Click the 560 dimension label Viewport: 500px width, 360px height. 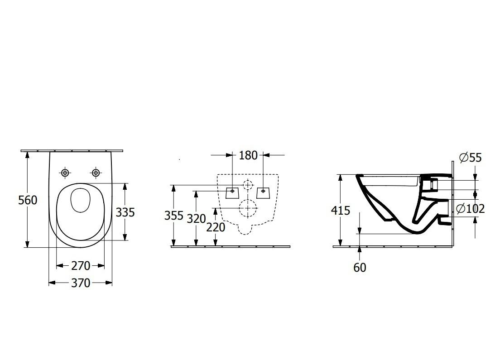(x=28, y=200)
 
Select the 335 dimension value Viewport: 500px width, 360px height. (x=125, y=211)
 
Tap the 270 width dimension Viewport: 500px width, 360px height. (x=81, y=265)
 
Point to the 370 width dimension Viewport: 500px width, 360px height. (x=81, y=283)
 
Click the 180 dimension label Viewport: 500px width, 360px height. (x=248, y=155)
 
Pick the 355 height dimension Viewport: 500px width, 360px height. (x=173, y=216)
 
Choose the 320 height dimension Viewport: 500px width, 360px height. (x=196, y=219)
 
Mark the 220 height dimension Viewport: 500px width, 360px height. (x=216, y=227)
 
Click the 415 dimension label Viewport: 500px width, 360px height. (x=341, y=210)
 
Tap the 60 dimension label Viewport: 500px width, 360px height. (x=360, y=268)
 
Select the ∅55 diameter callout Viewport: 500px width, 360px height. (x=470, y=158)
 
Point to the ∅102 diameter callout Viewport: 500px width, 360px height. (x=470, y=209)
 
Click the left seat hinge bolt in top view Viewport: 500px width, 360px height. (x=65, y=173)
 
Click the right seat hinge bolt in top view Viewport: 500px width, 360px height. (x=96, y=173)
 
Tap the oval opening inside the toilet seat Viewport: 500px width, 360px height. (x=80, y=200)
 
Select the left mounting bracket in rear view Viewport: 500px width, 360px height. (x=232, y=192)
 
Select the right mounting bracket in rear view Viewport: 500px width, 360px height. (x=263, y=192)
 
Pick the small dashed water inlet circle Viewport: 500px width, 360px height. (x=247, y=185)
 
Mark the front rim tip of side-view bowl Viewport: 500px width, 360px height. (x=359, y=176)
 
